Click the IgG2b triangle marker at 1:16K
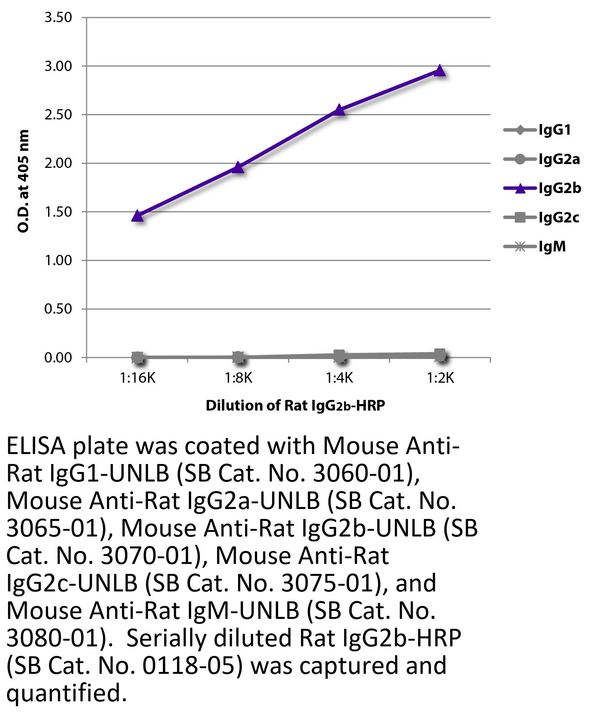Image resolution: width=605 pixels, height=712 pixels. click(137, 216)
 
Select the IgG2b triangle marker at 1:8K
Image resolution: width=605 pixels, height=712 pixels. click(238, 167)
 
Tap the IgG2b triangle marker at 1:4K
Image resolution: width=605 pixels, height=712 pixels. click(339, 110)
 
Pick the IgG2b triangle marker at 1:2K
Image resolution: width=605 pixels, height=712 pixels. click(440, 71)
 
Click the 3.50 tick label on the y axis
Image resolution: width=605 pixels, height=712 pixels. click(58, 18)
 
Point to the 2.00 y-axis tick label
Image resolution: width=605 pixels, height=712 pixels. click(58, 163)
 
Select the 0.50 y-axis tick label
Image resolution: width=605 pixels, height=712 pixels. click(58, 309)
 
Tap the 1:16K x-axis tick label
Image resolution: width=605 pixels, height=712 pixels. click(137, 378)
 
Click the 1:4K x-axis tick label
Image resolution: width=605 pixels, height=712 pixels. click(339, 378)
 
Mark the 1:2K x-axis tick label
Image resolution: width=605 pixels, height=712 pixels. click(440, 378)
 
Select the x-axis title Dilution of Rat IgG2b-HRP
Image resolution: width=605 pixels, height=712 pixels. click(295, 405)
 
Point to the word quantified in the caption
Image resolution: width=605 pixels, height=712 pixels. click(67, 693)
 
